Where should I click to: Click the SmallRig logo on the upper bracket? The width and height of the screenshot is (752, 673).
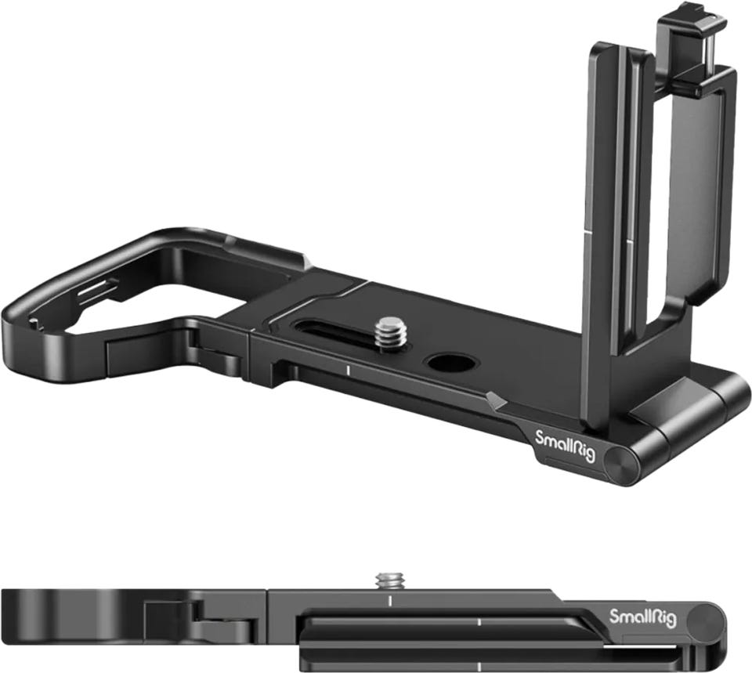point(566,446)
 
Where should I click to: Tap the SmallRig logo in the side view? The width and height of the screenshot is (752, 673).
point(642,618)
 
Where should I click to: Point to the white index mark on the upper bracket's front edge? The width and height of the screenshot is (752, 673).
point(346,370)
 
